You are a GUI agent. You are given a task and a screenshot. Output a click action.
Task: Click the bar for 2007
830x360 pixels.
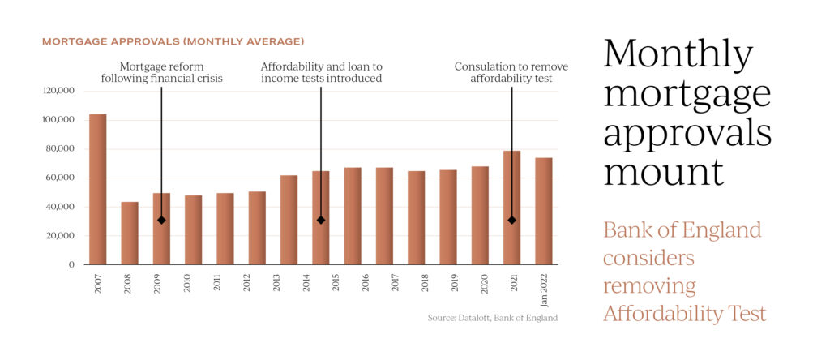(x=97, y=190)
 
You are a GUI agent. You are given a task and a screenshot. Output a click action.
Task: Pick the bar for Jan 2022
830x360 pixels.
(x=544, y=211)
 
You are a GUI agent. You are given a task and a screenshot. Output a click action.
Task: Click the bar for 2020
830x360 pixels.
(x=480, y=216)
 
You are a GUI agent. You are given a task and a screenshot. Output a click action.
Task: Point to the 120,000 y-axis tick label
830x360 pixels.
(x=58, y=91)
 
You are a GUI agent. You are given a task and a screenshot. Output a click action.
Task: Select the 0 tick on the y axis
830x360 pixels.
(x=71, y=264)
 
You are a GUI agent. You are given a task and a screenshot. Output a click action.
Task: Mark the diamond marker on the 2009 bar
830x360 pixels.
(x=162, y=220)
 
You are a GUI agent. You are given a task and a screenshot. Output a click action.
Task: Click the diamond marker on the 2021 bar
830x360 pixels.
(x=511, y=220)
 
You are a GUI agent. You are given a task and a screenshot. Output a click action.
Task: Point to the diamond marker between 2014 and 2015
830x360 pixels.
(x=321, y=220)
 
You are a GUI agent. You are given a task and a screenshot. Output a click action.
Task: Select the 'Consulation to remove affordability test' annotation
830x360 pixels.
(x=511, y=72)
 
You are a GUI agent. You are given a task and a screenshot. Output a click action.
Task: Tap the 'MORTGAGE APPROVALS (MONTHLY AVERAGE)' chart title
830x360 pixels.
(x=173, y=41)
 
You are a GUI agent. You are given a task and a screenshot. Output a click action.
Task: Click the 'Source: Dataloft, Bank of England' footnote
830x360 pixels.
(x=493, y=317)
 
